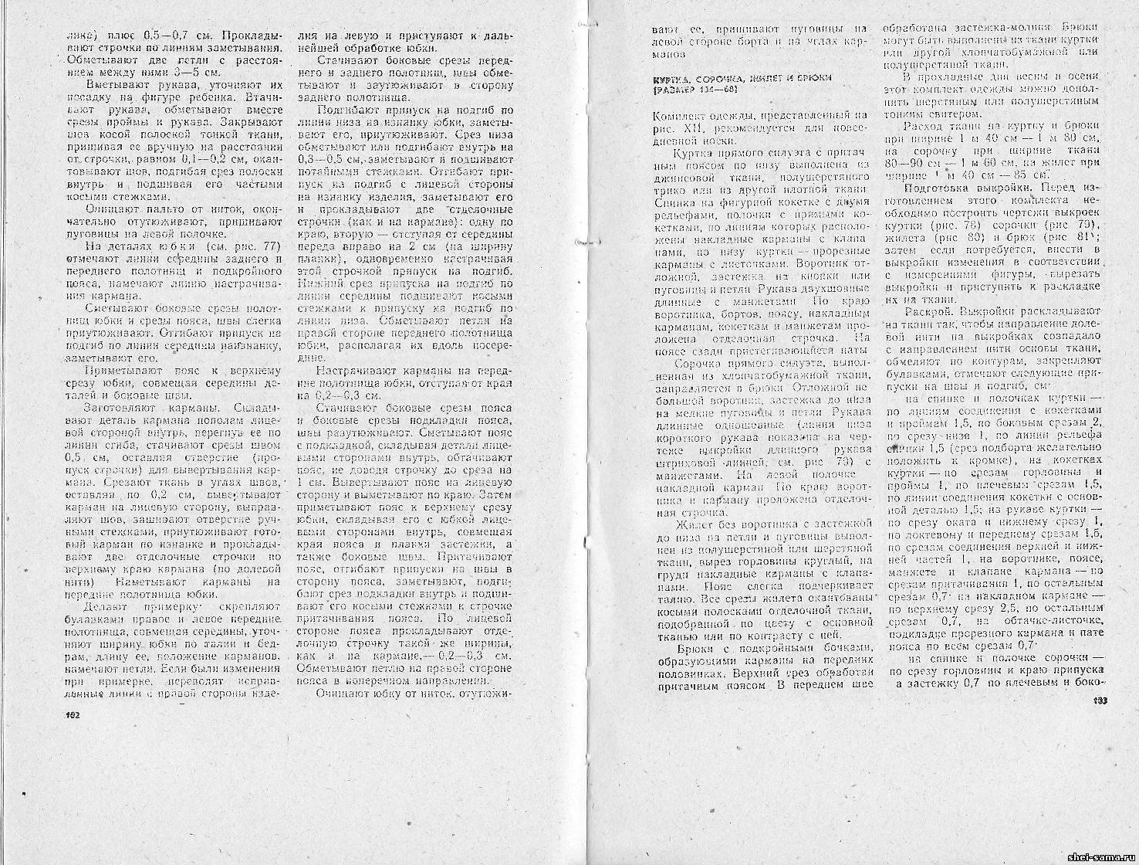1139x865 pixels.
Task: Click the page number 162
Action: click(75, 715)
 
